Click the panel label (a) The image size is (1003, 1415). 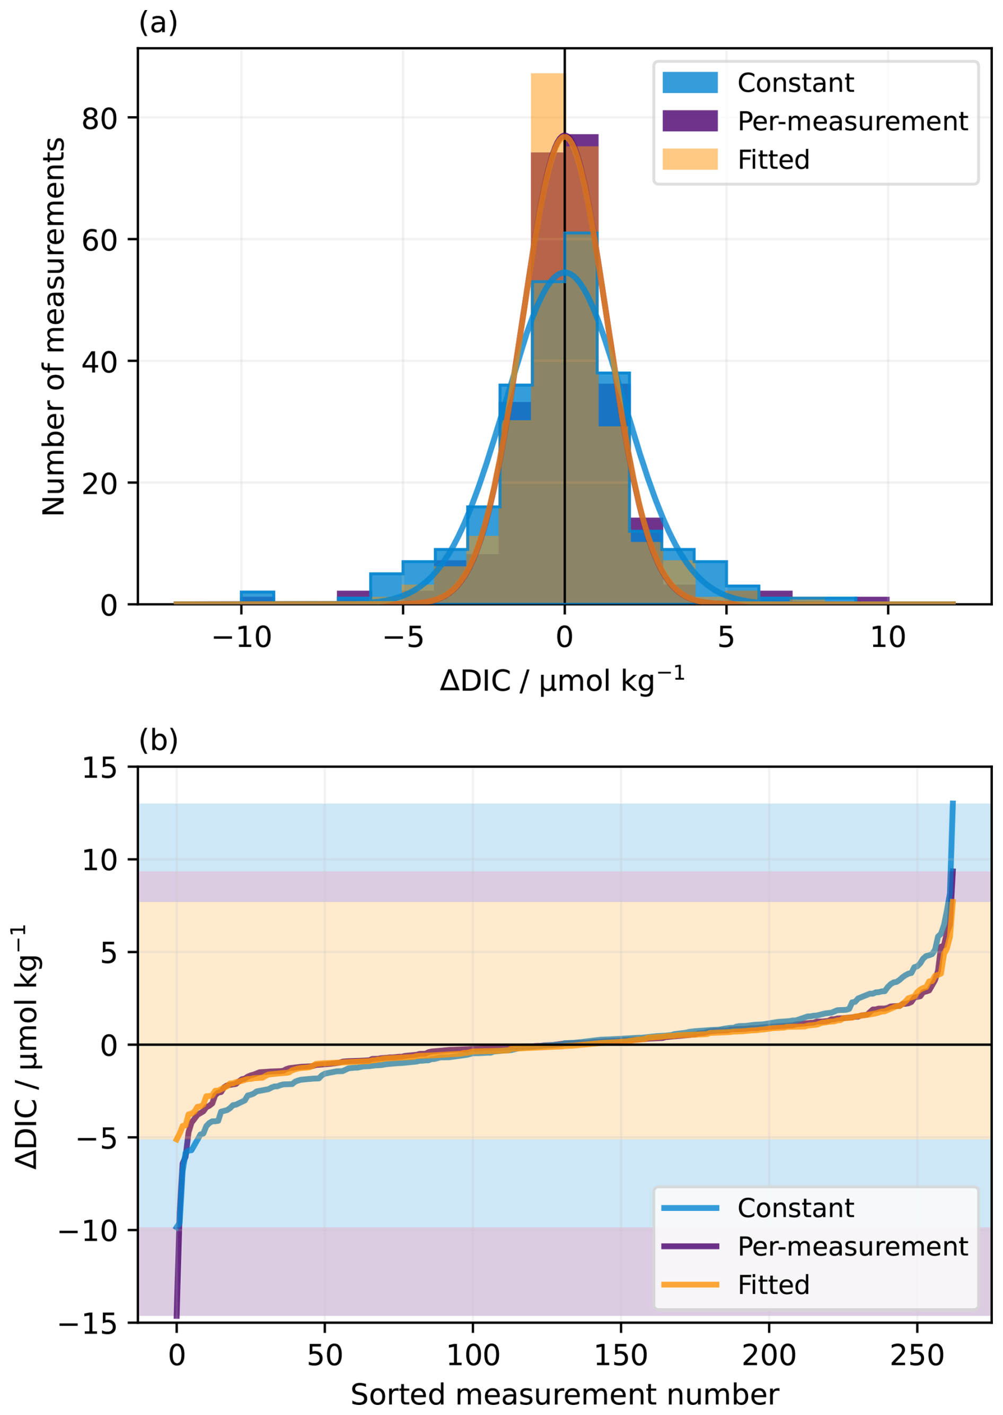coord(158,23)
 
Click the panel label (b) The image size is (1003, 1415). coord(158,739)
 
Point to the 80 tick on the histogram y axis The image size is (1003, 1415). coord(100,118)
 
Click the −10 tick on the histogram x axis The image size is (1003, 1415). coord(242,637)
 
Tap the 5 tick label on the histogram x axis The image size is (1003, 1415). coord(726,637)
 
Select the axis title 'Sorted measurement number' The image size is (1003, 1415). coord(565,1395)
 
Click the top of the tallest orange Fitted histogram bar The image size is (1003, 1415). coord(548,74)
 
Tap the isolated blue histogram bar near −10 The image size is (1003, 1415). coord(257,596)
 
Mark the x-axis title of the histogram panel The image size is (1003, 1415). coord(562,681)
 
